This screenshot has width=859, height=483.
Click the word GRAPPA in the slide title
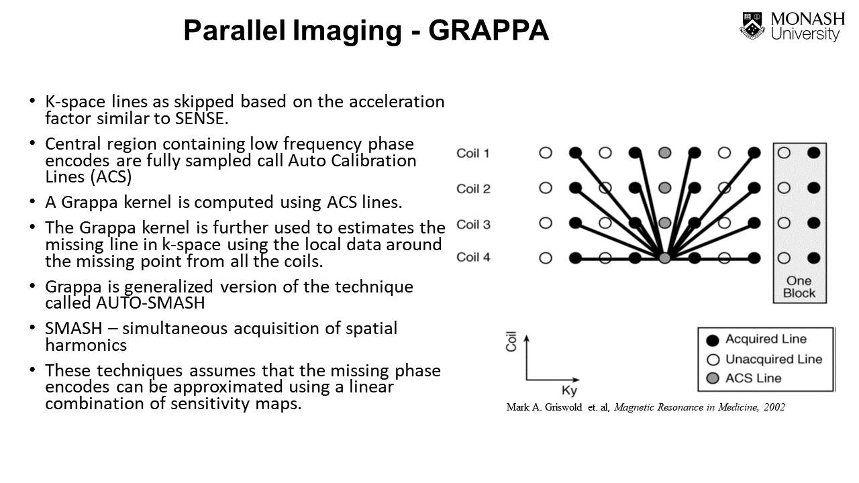tap(489, 31)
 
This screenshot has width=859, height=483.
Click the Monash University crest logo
tap(753, 26)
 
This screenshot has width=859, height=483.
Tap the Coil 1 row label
tap(473, 154)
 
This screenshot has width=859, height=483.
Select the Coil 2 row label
tap(473, 189)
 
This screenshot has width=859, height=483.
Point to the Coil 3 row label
tap(473, 224)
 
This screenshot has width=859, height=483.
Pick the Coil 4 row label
tap(473, 257)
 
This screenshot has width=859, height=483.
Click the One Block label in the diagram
tap(799, 286)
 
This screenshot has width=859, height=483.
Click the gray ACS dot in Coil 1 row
tap(665, 153)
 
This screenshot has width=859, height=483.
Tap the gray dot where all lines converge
tap(665, 258)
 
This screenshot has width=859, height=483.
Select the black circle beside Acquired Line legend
tap(713, 340)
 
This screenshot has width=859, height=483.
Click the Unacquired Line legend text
tap(774, 359)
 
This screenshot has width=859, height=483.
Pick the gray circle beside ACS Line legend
tap(713, 379)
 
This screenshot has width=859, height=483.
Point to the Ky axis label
tap(569, 391)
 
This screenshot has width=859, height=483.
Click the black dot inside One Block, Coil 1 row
tap(813, 153)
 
